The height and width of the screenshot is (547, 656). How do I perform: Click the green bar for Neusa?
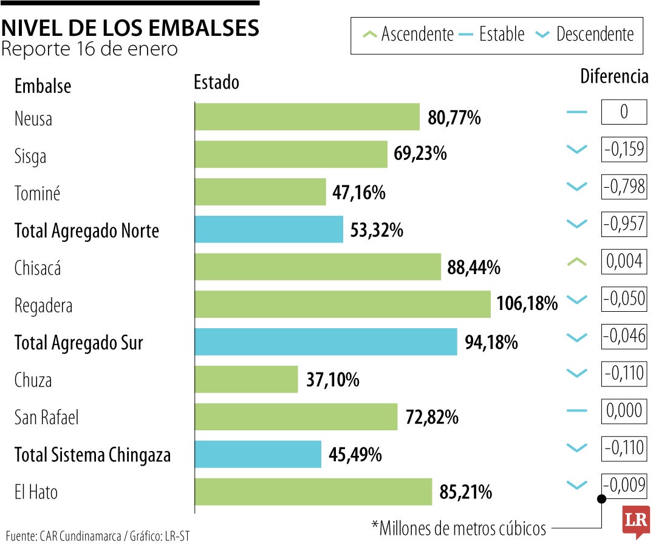pyautogui.click(x=307, y=117)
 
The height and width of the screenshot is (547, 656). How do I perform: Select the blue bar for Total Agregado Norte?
pyautogui.click(x=268, y=229)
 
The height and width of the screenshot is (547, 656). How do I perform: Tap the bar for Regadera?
pyautogui.click(x=342, y=304)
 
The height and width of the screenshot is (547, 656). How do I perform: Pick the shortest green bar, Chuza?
pyautogui.click(x=246, y=379)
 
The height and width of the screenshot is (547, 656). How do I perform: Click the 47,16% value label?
pyautogui.click(x=358, y=193)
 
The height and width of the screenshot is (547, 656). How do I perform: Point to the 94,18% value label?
pyautogui.click(x=491, y=342)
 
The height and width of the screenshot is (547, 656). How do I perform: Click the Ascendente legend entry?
pyautogui.click(x=409, y=34)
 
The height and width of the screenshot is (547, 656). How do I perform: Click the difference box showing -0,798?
pyautogui.click(x=624, y=187)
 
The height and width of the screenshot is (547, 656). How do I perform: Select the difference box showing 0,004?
pyautogui.click(x=624, y=261)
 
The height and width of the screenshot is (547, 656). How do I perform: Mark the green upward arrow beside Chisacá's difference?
pyautogui.click(x=576, y=262)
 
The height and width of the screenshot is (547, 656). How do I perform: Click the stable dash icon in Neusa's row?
pyautogui.click(x=576, y=112)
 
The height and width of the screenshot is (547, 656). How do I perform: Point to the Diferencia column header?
pyautogui.click(x=614, y=77)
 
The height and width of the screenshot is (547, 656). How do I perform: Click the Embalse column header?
pyautogui.click(x=43, y=86)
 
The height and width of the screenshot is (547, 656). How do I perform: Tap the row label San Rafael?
pyautogui.click(x=47, y=418)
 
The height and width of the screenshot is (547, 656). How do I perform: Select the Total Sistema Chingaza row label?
pyautogui.click(x=92, y=455)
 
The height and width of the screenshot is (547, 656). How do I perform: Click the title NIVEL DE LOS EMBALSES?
pyautogui.click(x=130, y=27)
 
